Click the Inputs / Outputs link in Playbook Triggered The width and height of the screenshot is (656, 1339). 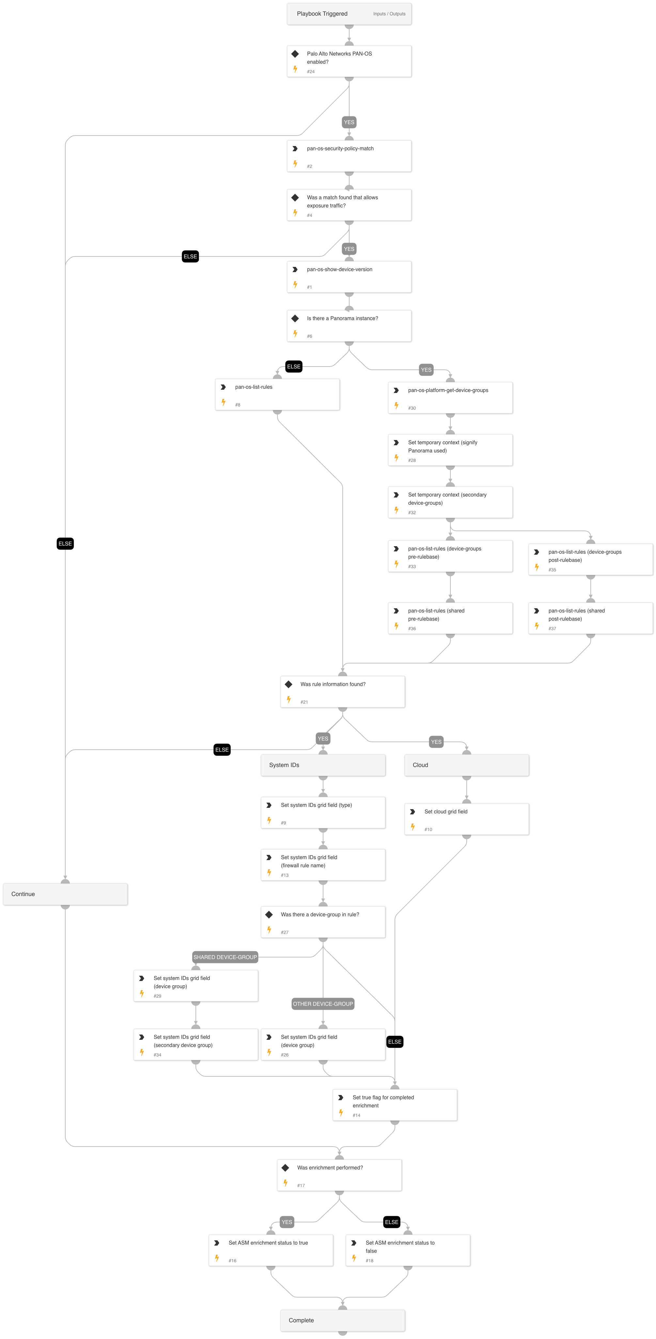pos(389,14)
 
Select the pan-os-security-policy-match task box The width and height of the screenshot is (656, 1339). pos(349,156)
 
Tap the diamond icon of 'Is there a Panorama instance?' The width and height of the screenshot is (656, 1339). pos(295,318)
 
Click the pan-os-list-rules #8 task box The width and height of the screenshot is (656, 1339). pos(277,395)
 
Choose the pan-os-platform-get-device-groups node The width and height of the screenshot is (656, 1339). pos(450,398)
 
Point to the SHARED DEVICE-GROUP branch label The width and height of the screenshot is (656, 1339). pos(225,957)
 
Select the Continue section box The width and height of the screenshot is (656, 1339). pos(66,894)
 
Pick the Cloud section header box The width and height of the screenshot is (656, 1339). pos(466,765)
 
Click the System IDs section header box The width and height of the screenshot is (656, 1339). pos(323,765)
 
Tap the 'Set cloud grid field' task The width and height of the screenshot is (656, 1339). pos(466,819)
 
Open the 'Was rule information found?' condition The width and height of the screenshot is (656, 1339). pos(343,692)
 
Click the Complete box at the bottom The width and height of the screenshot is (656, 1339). pos(343,1320)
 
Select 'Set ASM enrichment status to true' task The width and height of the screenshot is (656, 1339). pos(271,1250)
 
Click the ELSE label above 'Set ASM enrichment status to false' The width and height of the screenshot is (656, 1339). pos(392,1222)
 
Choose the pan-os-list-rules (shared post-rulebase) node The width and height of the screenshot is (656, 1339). pos(590,618)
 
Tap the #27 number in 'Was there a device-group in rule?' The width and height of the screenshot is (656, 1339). pos(285,933)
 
